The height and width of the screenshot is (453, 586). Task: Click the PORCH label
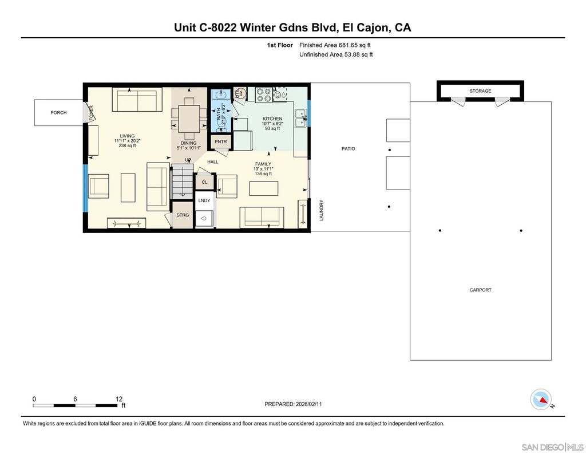(58, 113)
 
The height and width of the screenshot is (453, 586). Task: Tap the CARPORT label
(480, 290)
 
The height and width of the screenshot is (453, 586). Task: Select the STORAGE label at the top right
(480, 91)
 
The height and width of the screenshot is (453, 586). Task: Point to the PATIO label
(348, 149)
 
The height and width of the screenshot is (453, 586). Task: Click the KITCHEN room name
(272, 119)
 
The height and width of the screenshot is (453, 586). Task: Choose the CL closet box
(204, 182)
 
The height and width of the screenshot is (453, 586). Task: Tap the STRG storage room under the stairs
(183, 215)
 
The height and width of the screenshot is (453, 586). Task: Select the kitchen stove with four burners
(264, 94)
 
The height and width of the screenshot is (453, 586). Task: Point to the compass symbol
(541, 399)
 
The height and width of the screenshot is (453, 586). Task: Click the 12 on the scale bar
(119, 399)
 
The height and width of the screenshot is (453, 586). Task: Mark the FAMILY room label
(263, 164)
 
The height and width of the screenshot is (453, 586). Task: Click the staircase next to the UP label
(182, 182)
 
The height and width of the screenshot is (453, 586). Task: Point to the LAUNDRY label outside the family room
(322, 210)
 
